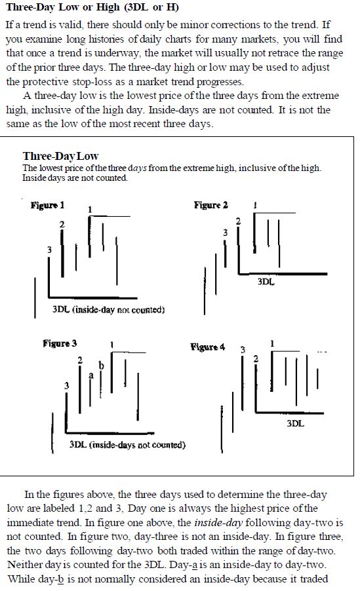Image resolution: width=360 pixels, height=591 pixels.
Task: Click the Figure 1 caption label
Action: [48, 206]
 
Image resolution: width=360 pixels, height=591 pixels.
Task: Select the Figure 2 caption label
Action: [211, 205]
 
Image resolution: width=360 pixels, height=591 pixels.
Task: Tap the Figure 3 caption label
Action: [60, 343]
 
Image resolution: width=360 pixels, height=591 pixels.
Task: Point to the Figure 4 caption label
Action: [208, 347]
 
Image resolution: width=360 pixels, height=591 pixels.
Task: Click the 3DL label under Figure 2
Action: [266, 282]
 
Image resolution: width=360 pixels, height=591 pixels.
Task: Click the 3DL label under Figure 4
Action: [296, 423]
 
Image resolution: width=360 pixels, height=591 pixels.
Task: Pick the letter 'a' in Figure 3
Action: [91, 375]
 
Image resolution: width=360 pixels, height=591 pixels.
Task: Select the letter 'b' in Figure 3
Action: [101, 365]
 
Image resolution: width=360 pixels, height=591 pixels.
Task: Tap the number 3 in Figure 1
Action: [49, 250]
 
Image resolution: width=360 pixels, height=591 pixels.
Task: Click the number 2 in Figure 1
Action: [62, 224]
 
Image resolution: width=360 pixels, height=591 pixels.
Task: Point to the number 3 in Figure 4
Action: [243, 350]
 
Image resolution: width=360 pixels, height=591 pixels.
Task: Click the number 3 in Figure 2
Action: [226, 233]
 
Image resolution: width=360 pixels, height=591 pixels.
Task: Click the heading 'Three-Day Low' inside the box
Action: [60, 156]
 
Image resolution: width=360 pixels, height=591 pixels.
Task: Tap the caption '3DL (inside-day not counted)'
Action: [108, 310]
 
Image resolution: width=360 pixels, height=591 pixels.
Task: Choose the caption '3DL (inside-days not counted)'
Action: [128, 445]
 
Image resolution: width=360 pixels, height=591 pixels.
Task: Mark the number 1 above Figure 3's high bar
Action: [112, 345]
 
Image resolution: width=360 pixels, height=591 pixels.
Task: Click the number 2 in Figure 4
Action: [256, 359]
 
